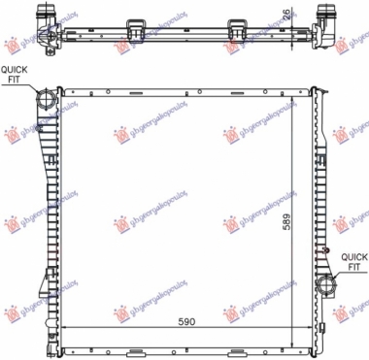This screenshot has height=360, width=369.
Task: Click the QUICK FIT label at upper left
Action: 15,76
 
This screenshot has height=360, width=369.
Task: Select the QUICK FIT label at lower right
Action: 352,260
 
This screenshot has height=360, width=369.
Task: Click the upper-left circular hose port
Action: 46,100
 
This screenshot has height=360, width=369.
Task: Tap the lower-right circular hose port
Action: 324,286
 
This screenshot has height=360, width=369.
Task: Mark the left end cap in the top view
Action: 45,18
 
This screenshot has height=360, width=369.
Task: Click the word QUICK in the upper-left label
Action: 15,70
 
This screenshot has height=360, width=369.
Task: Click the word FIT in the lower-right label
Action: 352,266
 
